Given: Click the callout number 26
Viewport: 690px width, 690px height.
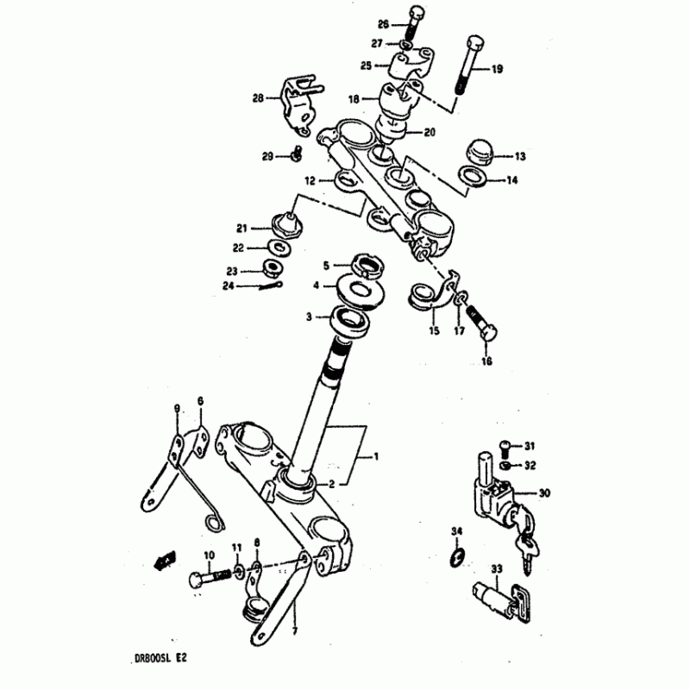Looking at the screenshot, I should pyautogui.click(x=383, y=25).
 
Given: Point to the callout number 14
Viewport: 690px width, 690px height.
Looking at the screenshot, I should pyautogui.click(x=511, y=181).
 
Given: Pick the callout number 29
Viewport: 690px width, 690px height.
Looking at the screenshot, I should pyautogui.click(x=268, y=156).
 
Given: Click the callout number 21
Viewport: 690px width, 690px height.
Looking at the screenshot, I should pyautogui.click(x=241, y=228).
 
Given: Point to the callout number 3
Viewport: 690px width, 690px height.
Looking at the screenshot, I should pyautogui.click(x=308, y=317).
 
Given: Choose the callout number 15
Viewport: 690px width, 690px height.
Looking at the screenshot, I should pyautogui.click(x=434, y=331).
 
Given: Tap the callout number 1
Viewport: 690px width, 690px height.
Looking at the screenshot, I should pyautogui.click(x=375, y=457).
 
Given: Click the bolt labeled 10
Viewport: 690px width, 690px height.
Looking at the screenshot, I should pyautogui.click(x=203, y=575).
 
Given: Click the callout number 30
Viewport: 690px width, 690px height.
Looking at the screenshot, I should pyautogui.click(x=544, y=493).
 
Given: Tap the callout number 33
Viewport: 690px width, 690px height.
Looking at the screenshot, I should pyautogui.click(x=496, y=568).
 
